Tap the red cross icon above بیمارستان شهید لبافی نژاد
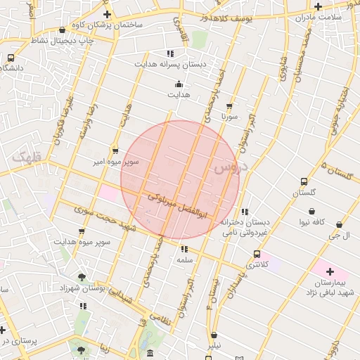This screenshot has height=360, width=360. click(x=330, y=271)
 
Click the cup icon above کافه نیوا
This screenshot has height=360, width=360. click(x=311, y=211)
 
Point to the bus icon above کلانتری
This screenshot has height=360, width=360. click(x=257, y=254)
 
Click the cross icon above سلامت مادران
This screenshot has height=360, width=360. click(x=319, y=6)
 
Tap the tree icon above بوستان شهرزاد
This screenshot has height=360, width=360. click(x=82, y=278)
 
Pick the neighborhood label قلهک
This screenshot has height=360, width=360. click(x=27, y=157)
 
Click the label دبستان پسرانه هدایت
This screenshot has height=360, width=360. click(x=172, y=64)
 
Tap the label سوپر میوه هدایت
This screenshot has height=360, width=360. click(x=79, y=242)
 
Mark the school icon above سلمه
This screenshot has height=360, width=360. click(x=184, y=249)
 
